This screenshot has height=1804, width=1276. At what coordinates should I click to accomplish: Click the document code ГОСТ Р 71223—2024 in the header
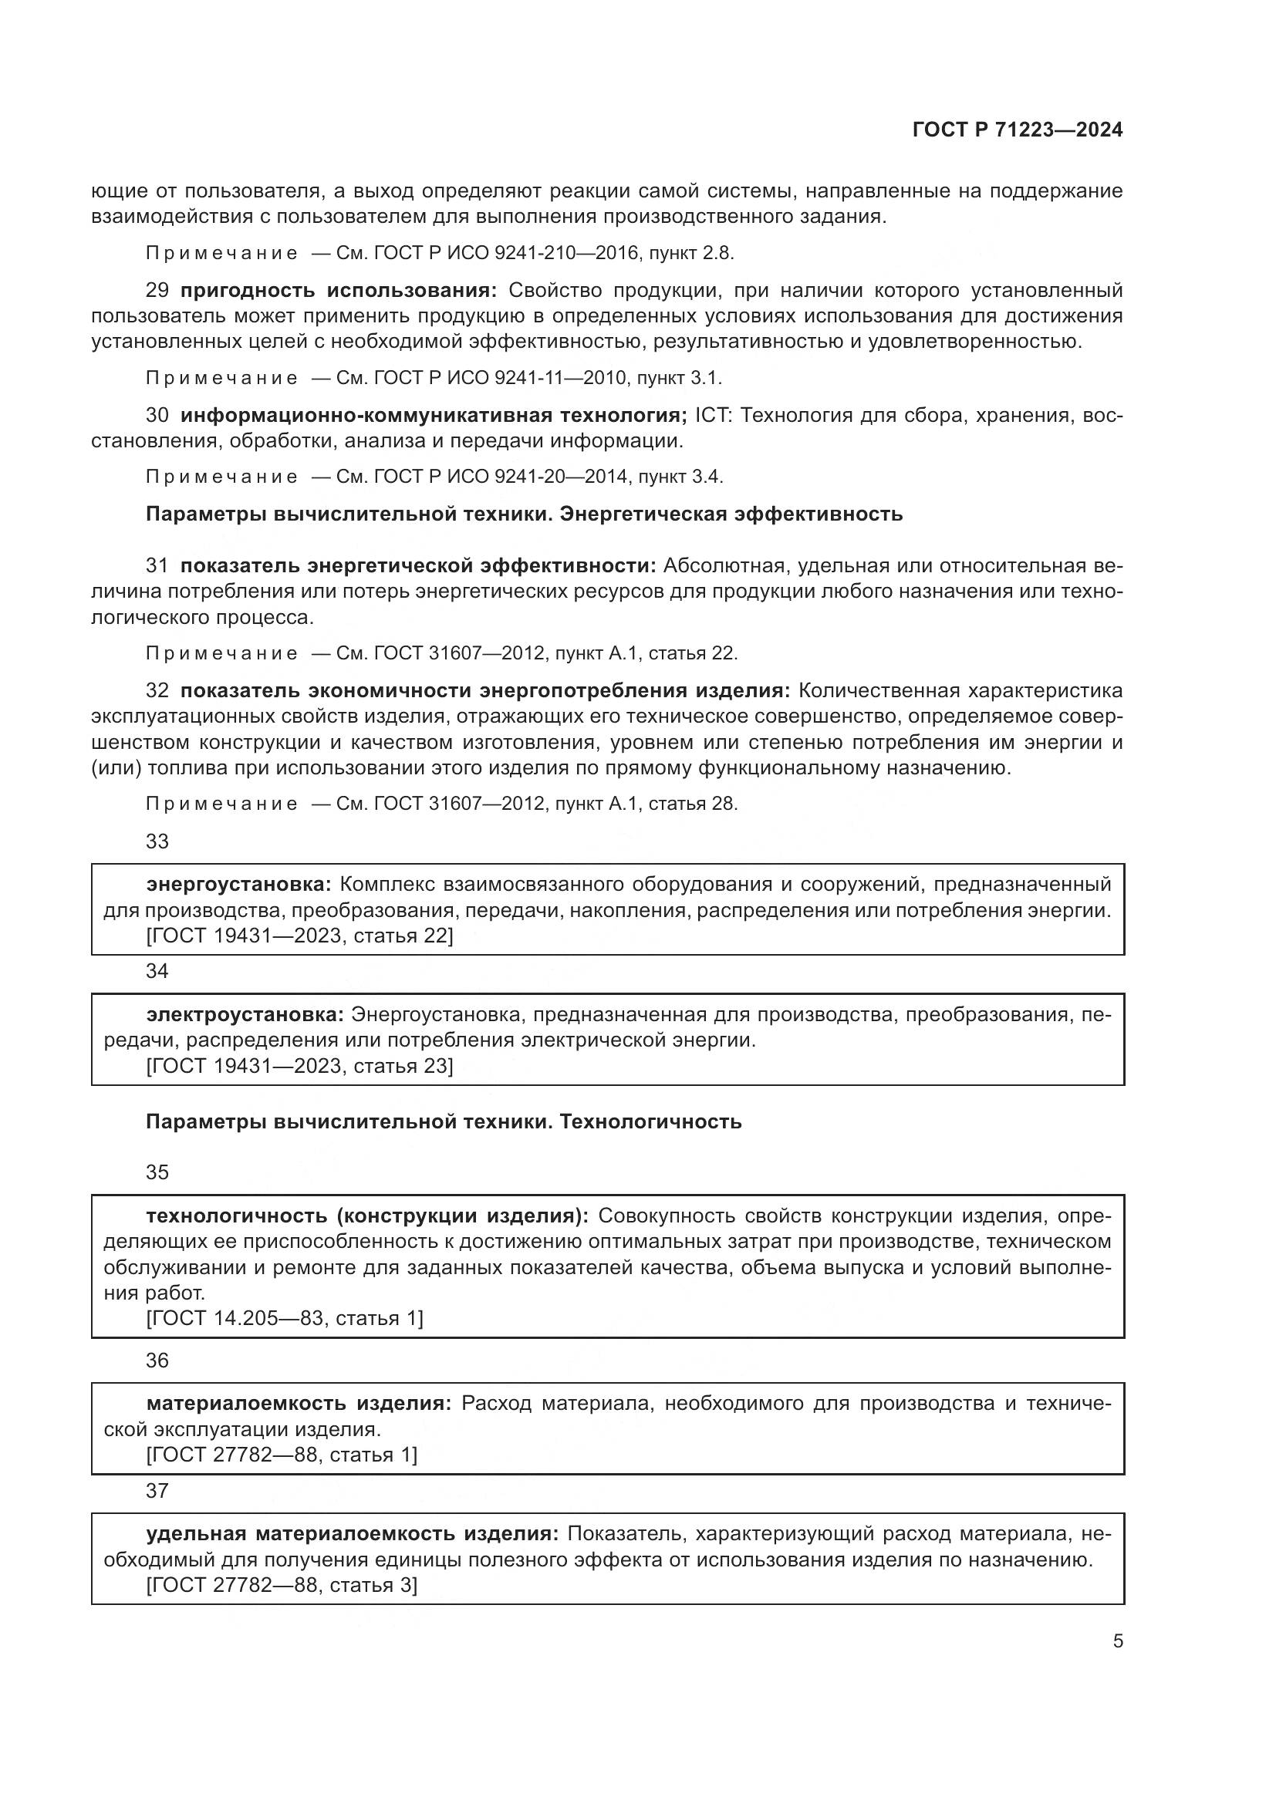1017,130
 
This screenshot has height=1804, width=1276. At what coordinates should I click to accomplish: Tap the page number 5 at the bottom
1117,1641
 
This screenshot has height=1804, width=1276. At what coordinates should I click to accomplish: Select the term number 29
157,291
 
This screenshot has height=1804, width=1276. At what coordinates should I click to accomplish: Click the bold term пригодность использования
339,291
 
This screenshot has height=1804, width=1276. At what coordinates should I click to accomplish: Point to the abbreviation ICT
711,415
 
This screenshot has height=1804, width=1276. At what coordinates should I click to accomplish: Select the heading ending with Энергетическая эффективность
524,514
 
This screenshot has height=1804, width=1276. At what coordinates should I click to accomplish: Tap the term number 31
157,565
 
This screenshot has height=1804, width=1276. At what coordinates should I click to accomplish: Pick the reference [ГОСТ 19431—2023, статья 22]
299,936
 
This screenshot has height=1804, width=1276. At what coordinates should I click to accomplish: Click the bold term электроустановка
245,1015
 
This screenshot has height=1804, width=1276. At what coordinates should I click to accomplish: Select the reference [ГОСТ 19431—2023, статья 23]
299,1066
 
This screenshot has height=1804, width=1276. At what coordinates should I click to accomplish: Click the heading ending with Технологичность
444,1122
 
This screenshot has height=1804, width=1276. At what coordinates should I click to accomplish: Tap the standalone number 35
157,1173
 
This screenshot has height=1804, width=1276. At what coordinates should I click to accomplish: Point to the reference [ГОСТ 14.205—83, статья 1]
285,1318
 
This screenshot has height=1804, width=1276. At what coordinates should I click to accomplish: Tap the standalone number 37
157,1492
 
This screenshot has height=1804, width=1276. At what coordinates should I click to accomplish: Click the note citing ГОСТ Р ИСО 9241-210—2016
440,253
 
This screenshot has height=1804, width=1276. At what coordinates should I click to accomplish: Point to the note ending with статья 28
441,804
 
